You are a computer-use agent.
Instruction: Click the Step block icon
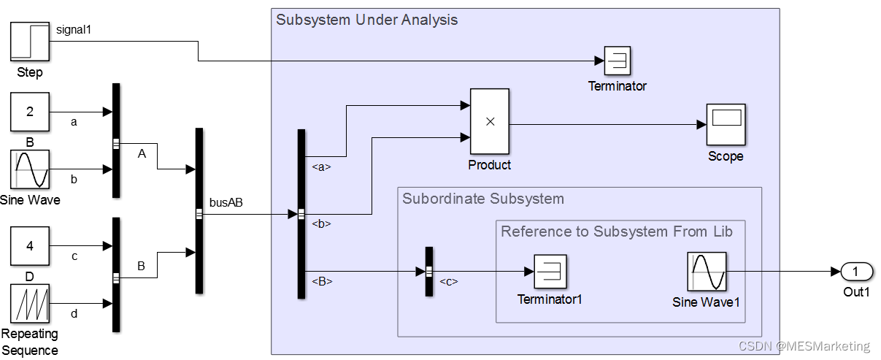pyautogui.click(x=30, y=42)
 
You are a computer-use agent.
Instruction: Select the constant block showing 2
pyautogui.click(x=30, y=112)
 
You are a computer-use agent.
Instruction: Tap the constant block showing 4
pyautogui.click(x=30, y=245)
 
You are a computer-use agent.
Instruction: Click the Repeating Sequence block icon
pyautogui.click(x=30, y=303)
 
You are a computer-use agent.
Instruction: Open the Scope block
pyautogui.click(x=726, y=124)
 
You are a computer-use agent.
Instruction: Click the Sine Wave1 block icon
pyautogui.click(x=707, y=272)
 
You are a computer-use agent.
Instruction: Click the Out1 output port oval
pyautogui.click(x=857, y=272)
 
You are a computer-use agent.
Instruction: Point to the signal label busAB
pyautogui.click(x=226, y=203)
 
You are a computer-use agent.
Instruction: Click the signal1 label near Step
pyautogui.click(x=74, y=29)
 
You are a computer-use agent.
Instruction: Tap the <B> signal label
pyautogui.click(x=322, y=280)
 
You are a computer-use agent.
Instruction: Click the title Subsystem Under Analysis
pyautogui.click(x=366, y=20)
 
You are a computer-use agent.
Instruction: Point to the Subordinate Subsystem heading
pyautogui.click(x=483, y=199)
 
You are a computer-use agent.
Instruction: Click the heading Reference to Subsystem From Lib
pyautogui.click(x=617, y=231)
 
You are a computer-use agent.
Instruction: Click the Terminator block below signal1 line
pyautogui.click(x=618, y=61)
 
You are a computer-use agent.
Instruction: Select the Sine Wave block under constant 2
pyautogui.click(x=30, y=169)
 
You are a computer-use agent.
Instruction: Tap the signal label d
pyautogui.click(x=74, y=314)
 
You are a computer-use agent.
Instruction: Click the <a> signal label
pyautogui.click(x=321, y=166)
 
